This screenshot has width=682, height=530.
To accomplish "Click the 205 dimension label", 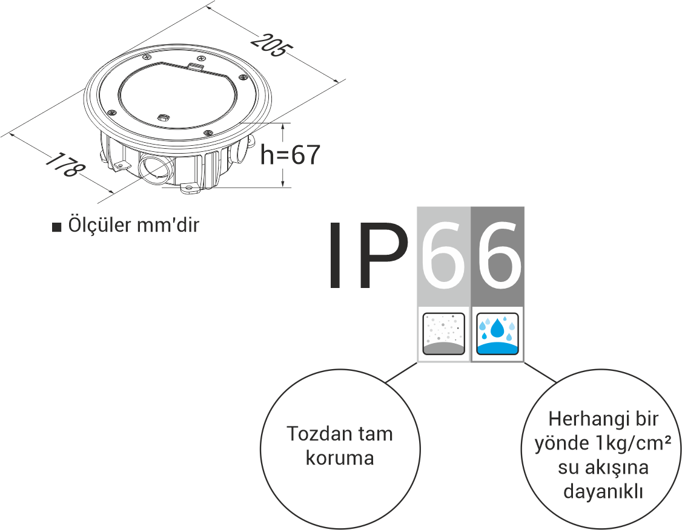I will [x=268, y=47].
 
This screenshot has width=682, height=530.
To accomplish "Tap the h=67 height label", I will [x=290, y=155].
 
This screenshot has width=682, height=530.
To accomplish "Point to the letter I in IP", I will [x=335, y=256].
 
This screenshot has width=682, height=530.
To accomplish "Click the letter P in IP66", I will [x=382, y=256].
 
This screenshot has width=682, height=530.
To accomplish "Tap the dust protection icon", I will [x=443, y=334].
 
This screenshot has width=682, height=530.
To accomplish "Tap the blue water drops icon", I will [x=497, y=334].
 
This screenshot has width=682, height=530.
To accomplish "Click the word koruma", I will [x=340, y=458].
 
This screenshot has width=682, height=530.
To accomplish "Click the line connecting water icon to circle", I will [x=539, y=373].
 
